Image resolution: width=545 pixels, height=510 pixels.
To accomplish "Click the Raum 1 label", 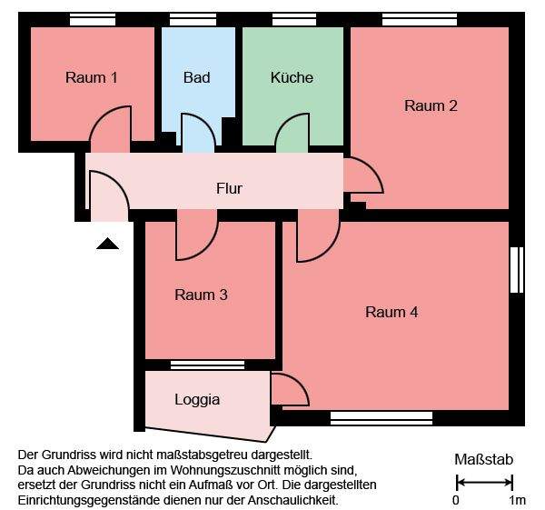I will (92, 78).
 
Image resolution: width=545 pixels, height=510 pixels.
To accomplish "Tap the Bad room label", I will (196, 78).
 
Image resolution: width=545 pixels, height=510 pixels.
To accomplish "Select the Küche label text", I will (292, 78).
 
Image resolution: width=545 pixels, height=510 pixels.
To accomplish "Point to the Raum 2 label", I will (431, 105).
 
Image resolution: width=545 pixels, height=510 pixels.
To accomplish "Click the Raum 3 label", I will (201, 295).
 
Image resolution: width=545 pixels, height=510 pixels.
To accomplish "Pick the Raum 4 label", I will (391, 313).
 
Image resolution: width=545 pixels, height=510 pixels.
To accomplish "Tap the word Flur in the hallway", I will (229, 189).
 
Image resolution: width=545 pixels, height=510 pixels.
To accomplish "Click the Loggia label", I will (197, 399).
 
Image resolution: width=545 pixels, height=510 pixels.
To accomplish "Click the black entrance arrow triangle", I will (107, 243).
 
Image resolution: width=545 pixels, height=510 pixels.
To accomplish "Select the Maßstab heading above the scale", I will (483, 460).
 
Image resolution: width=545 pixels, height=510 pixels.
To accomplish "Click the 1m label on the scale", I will (517, 500).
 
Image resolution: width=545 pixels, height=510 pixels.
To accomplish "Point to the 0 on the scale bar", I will (456, 500).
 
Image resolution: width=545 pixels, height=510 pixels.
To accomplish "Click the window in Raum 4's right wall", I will (517, 270).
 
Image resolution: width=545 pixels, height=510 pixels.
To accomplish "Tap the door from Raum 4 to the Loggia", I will (290, 391).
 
